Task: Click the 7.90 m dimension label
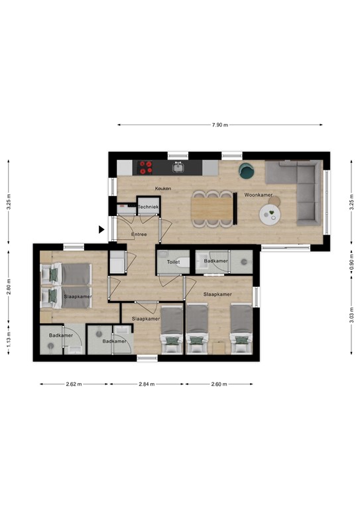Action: coord(219,125)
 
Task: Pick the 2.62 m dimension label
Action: coord(74,384)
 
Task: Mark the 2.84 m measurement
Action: coord(147,384)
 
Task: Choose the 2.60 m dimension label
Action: coord(219,384)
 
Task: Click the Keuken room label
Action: coord(163,189)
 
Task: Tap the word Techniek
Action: coord(149,207)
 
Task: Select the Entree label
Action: coord(139,234)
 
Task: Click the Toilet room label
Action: coord(173,262)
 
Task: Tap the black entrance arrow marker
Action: coord(101,230)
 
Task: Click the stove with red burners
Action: coord(146,167)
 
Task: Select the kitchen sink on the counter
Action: coord(177,167)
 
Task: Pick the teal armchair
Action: coord(247,170)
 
